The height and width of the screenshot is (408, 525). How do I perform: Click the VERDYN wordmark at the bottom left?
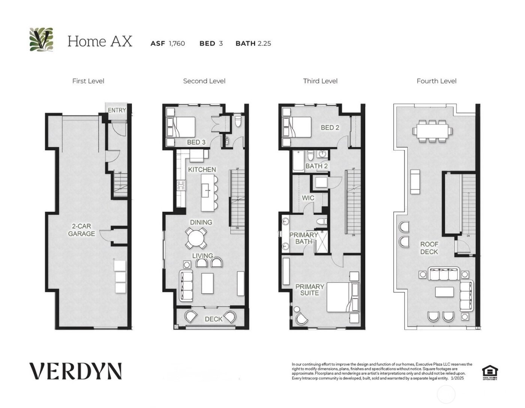coord(75,371)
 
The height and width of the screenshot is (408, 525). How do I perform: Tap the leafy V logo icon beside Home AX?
coord(41,40)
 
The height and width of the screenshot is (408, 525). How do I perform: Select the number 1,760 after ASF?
coord(177,43)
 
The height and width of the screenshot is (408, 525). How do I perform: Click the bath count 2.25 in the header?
coord(264,43)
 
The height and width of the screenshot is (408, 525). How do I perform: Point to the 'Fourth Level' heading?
coord(436,81)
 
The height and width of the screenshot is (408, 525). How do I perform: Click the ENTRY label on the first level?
coord(117,110)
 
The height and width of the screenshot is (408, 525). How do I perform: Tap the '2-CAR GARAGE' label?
coord(81,230)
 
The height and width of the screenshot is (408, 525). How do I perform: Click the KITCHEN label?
coord(202,169)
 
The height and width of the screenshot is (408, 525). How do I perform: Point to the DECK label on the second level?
coord(213,319)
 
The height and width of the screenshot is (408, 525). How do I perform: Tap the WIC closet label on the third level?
coord(308,198)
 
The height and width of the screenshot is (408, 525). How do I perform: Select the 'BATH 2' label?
coord(316,166)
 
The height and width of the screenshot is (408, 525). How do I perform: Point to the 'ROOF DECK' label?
coord(429,248)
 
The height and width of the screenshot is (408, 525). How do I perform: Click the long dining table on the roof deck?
coord(432,131)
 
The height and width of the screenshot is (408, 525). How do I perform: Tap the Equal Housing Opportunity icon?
coord(489,372)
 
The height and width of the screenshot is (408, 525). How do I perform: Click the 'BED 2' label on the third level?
coord(330,127)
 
